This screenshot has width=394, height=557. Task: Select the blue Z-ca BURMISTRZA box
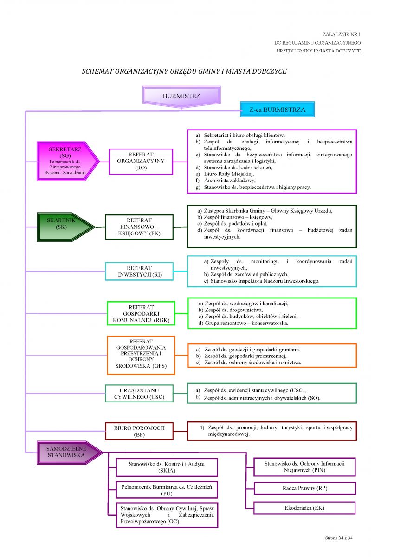click(x=277, y=109)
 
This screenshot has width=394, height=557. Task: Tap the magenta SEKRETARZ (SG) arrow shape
click(x=68, y=161)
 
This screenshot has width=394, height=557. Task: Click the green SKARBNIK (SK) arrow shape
click(x=66, y=227)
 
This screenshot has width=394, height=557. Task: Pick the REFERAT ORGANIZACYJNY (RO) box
click(x=141, y=162)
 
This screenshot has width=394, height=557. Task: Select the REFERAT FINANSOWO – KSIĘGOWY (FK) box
click(x=139, y=227)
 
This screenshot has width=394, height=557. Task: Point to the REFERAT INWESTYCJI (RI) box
click(x=139, y=271)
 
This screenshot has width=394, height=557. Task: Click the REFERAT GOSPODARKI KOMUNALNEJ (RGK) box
click(x=141, y=313)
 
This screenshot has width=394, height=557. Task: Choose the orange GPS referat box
click(x=141, y=355)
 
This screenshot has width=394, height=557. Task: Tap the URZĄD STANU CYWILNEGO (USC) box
click(x=139, y=394)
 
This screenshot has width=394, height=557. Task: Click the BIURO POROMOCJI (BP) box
click(x=139, y=431)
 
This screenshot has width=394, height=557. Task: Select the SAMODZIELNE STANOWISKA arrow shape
click(x=70, y=453)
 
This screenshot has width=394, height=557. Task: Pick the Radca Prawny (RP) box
click(x=304, y=488)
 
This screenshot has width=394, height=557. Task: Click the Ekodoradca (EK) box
click(x=304, y=508)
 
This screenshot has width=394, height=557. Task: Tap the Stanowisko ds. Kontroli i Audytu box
click(x=167, y=467)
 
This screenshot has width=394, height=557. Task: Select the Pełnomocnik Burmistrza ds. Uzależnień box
click(x=167, y=490)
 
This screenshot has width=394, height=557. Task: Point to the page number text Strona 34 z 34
click(x=339, y=538)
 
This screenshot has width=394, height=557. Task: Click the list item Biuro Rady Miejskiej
click(x=229, y=174)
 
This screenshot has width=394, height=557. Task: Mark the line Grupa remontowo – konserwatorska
click(x=246, y=323)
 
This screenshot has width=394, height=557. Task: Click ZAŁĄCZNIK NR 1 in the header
click(x=342, y=34)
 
